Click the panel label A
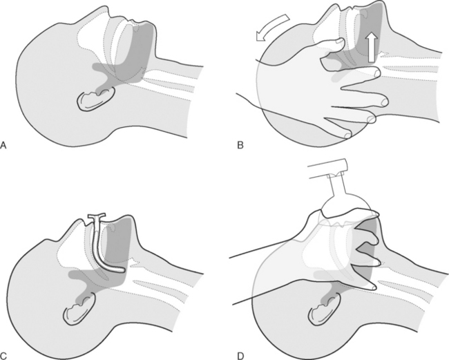(3, 145)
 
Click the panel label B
(240, 145)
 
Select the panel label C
(3, 356)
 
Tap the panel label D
(241, 356)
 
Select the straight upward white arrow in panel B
(372, 47)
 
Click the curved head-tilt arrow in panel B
(272, 27)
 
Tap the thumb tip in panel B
(341, 41)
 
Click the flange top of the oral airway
(97, 215)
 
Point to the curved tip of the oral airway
(121, 269)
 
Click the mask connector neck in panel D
(336, 186)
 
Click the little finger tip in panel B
(348, 135)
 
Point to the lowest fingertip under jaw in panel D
(373, 286)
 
